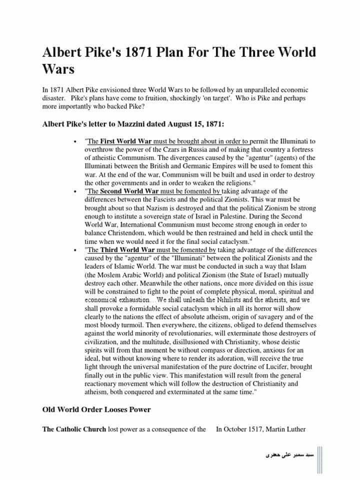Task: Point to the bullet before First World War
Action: (74, 142)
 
